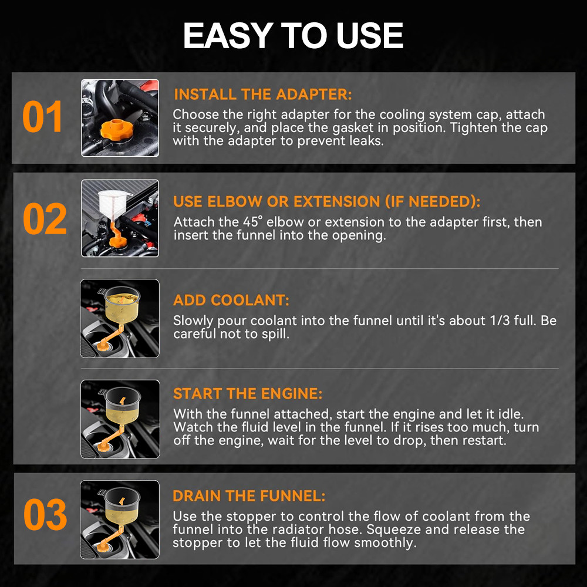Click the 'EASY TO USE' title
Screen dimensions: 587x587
[x=293, y=35]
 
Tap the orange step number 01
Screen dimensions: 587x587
[x=42, y=117]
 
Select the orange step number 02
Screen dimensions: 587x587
[x=45, y=218]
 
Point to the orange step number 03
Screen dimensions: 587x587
[x=45, y=514]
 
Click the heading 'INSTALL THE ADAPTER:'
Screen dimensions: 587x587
[x=263, y=95]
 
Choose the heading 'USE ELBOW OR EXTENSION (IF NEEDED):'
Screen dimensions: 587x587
[x=326, y=201]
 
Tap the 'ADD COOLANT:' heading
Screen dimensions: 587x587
[x=231, y=300]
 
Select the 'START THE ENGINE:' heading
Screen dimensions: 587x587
[x=248, y=393]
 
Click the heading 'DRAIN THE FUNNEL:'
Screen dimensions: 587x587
[x=249, y=496]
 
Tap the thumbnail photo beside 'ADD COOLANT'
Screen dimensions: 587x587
[x=120, y=318]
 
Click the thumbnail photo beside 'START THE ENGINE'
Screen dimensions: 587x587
[x=120, y=419]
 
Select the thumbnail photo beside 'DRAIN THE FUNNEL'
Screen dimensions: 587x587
[x=120, y=519]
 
